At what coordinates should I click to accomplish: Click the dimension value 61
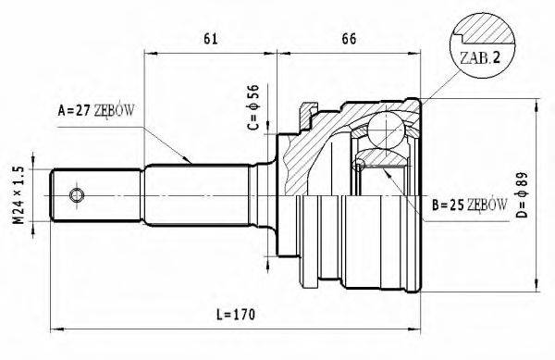[211, 39]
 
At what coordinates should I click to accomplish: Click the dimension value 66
[349, 39]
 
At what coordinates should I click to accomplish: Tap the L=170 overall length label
[236, 315]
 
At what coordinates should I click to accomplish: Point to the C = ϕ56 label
[253, 107]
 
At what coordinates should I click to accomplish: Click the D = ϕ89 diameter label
[522, 194]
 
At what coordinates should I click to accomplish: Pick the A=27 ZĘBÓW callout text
[96, 111]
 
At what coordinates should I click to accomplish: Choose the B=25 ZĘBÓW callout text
[469, 205]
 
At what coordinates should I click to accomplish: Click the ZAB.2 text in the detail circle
[479, 57]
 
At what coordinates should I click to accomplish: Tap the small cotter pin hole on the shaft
[77, 195]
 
